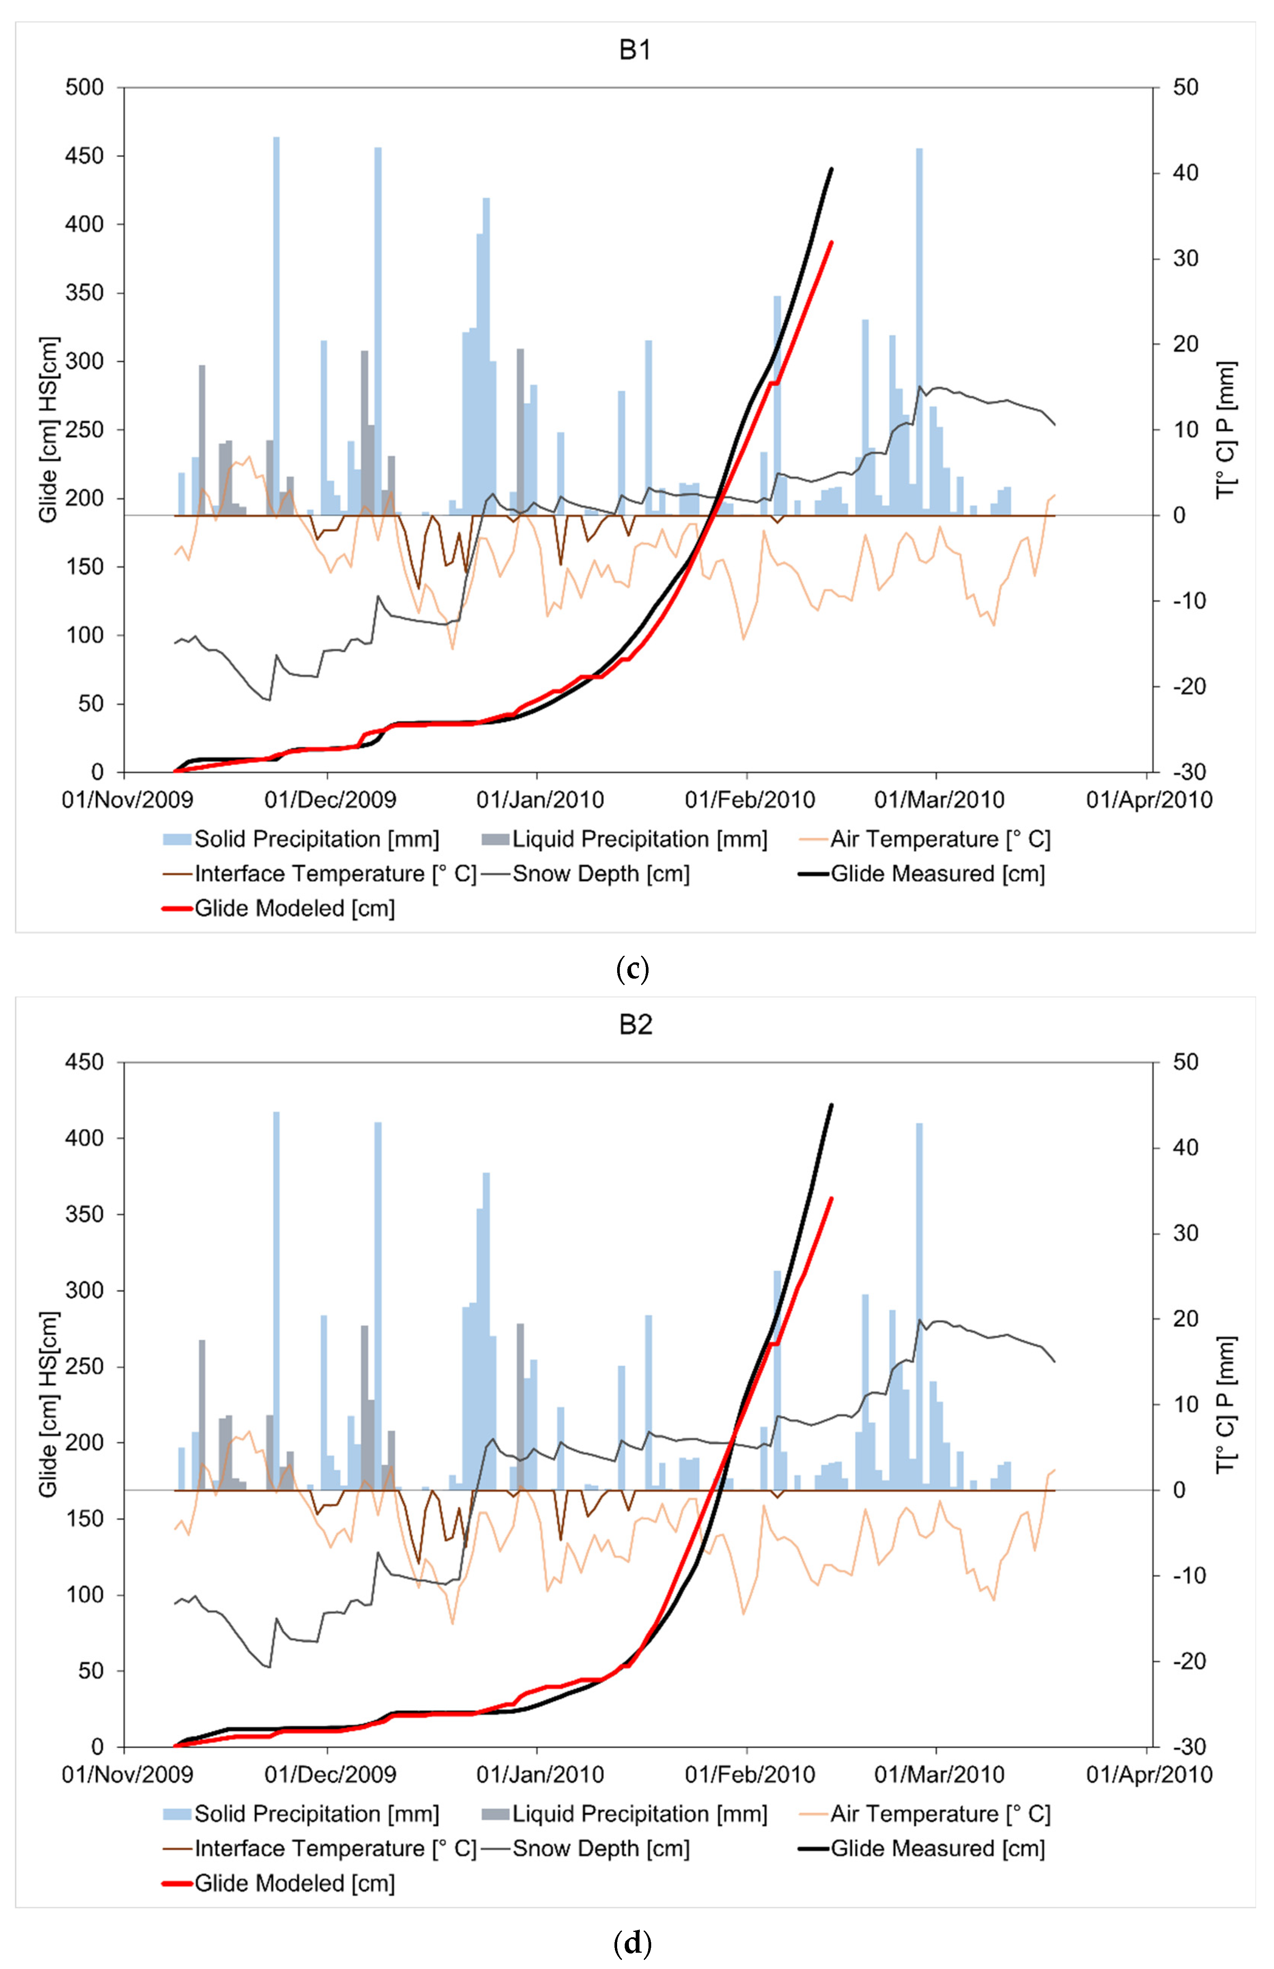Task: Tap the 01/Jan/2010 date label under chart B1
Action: (x=540, y=800)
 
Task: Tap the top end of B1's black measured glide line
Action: (x=831, y=169)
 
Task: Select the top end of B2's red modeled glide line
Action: (x=831, y=1198)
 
